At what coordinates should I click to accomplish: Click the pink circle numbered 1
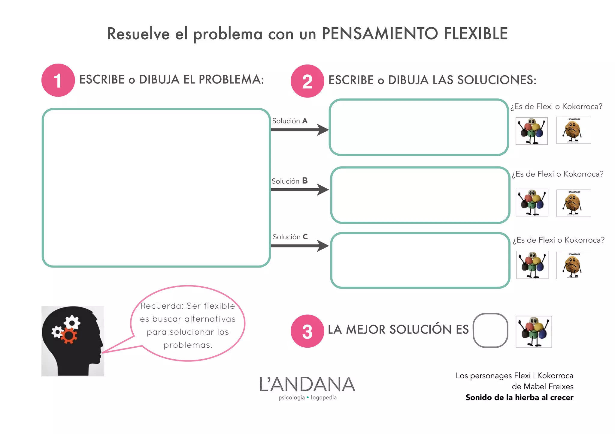coord(58,80)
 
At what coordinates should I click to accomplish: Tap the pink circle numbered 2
coord(307,81)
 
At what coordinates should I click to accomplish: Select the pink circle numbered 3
coord(307,331)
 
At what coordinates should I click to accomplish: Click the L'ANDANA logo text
coord(307,385)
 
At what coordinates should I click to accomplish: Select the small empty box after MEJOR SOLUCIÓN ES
coord(490,330)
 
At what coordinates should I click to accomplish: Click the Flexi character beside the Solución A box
coord(532,131)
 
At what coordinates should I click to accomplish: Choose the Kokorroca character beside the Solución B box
coord(573,203)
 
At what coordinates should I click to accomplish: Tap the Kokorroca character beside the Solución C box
coord(573,265)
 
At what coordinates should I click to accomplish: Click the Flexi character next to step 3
coord(534,331)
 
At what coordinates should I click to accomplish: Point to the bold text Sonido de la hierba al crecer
coord(519,397)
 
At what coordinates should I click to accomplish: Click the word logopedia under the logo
coord(324,397)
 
